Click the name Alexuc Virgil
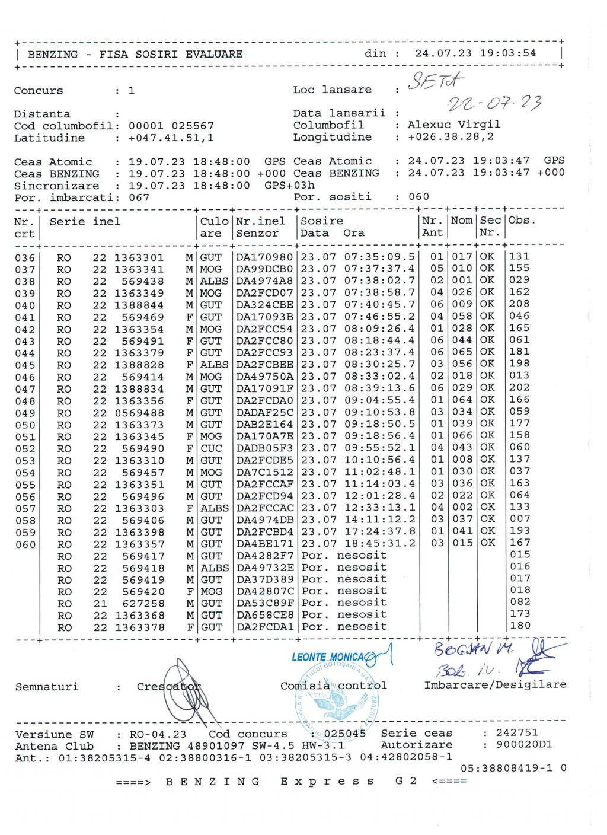(453, 125)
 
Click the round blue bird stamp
(337, 700)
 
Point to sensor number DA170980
(264, 257)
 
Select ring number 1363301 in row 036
(139, 257)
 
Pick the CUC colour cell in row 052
(211, 448)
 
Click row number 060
(25, 544)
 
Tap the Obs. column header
(522, 220)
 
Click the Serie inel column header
(85, 221)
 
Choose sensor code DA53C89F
(264, 603)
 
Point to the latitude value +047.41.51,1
(171, 138)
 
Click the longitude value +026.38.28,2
(451, 137)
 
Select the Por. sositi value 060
(418, 196)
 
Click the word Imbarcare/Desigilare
(495, 685)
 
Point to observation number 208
(519, 304)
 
